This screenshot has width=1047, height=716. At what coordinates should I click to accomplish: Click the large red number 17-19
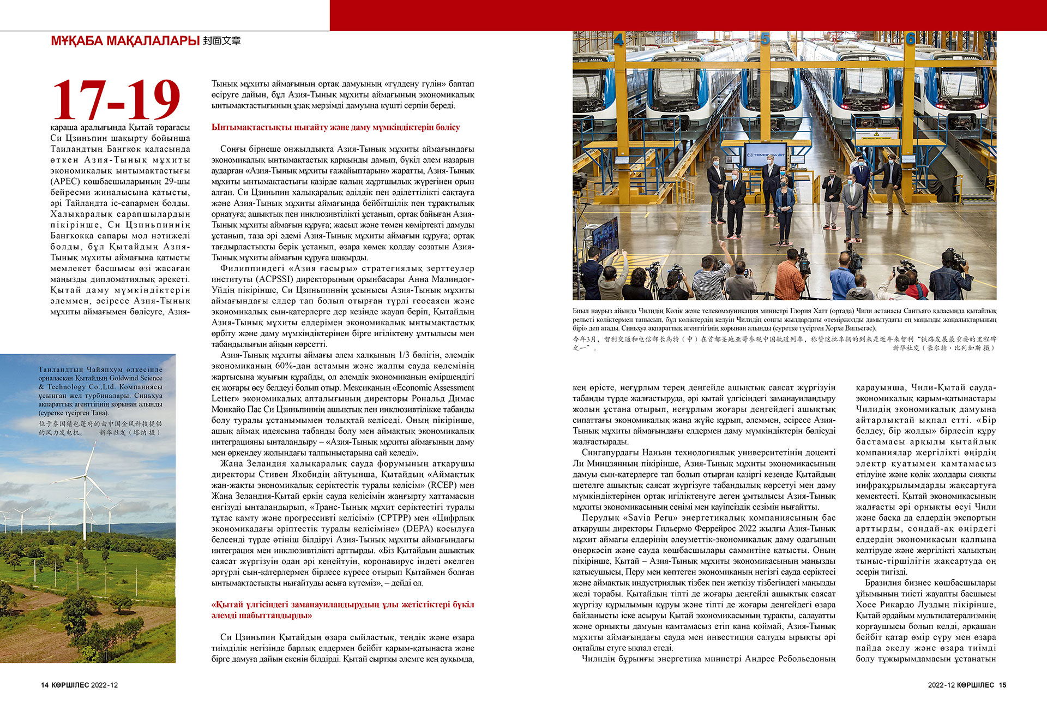116,99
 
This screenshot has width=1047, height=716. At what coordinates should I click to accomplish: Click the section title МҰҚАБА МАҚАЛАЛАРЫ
124,41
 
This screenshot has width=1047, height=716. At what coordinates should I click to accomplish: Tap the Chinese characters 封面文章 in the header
221,41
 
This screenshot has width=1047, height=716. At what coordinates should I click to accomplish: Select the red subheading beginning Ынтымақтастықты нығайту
335,127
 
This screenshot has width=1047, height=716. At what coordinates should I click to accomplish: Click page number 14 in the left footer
45,685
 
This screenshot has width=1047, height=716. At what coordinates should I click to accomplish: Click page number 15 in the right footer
1002,685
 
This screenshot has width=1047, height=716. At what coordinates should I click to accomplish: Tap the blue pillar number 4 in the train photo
618,40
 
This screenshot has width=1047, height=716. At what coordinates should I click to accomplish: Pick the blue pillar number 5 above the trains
765,39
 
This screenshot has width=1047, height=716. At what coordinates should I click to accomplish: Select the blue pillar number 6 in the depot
910,39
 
